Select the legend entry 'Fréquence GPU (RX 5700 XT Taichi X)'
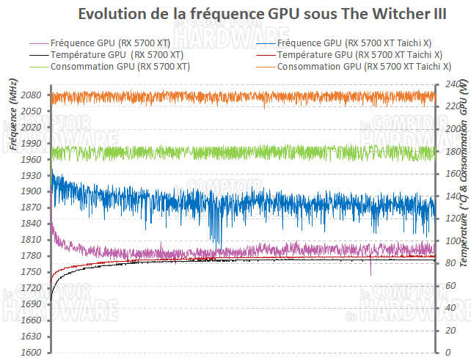click(x=359, y=43)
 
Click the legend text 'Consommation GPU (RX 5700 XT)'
click(x=120, y=66)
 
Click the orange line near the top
click(x=220, y=96)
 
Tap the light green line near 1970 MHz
click(x=220, y=153)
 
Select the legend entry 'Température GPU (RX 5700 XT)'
click(x=117, y=54)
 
